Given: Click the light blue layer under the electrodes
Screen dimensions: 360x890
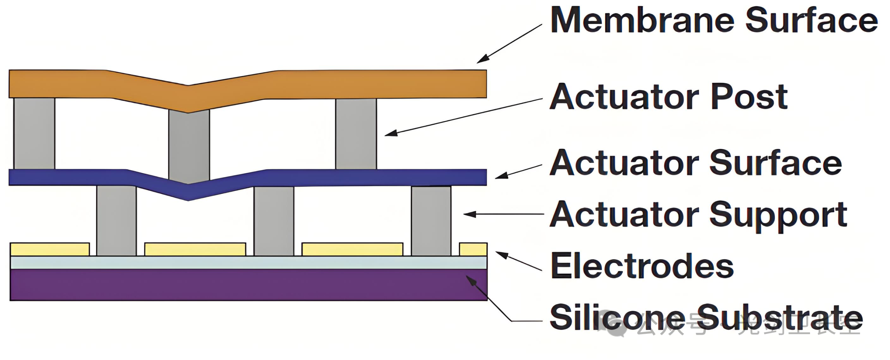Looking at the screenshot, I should (243, 262).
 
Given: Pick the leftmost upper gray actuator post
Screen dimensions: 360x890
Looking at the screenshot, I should (34, 133).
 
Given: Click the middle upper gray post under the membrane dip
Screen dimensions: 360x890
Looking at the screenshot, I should (189, 146).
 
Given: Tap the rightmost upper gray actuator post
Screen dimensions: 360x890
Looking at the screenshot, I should (356, 134).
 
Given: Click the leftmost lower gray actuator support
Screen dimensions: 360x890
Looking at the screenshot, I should (116, 221).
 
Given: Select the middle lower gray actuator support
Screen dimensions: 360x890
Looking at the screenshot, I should (274, 221).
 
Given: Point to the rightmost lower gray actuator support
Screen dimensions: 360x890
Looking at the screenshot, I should (431, 221).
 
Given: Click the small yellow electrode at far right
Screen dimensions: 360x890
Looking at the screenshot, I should (473, 249).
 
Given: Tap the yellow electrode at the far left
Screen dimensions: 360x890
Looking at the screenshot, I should (50, 249).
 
